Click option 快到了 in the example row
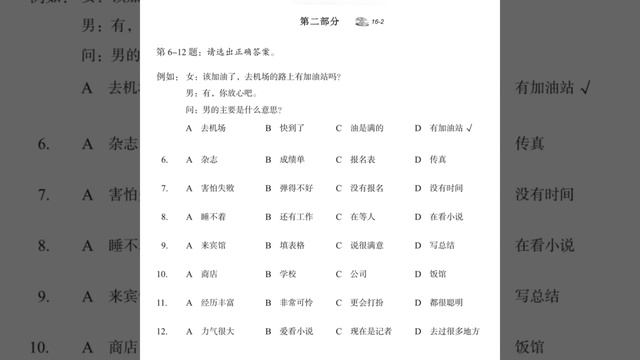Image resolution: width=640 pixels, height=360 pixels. pyautogui.click(x=292, y=129)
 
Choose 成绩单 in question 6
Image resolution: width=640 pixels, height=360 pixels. pyautogui.click(x=292, y=159)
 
